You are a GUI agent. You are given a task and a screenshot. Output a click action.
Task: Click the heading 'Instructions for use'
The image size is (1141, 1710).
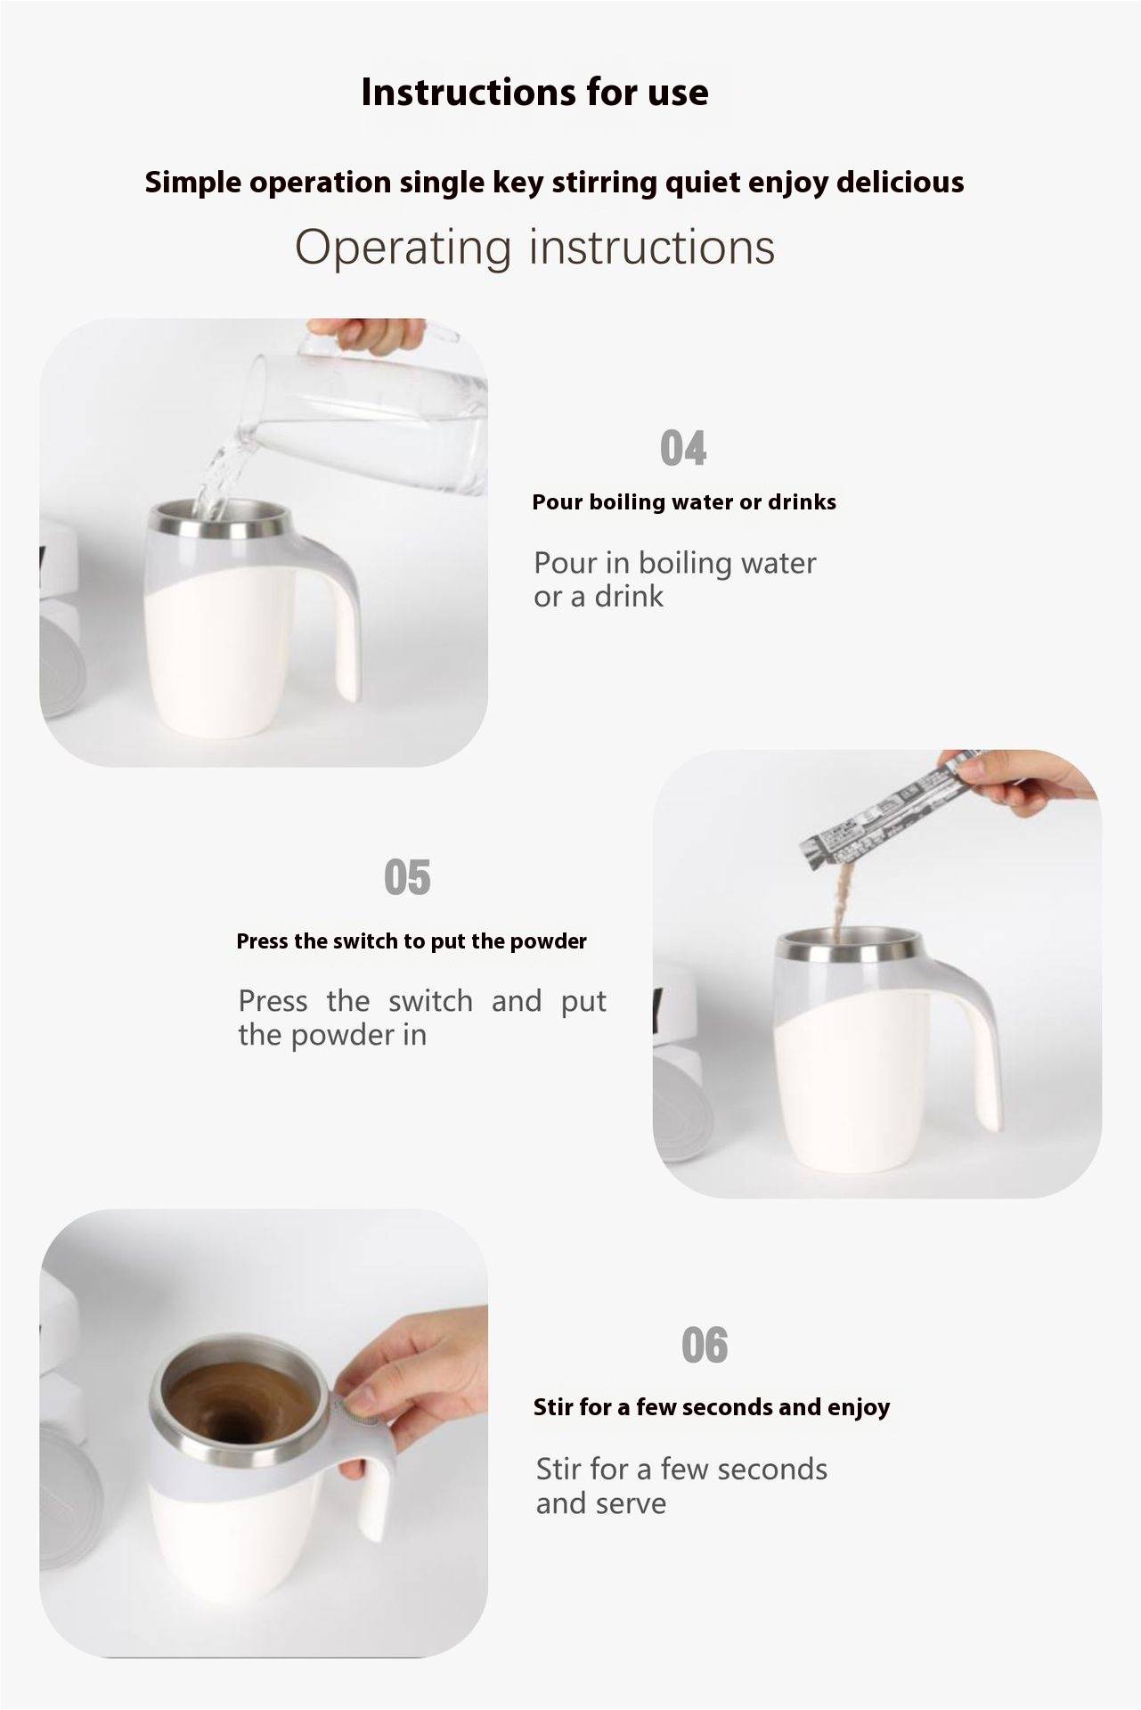click(x=534, y=93)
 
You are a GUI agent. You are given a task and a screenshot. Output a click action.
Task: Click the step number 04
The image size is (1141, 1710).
click(x=683, y=448)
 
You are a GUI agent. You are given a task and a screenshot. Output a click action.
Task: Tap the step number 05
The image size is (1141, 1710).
click(x=407, y=877)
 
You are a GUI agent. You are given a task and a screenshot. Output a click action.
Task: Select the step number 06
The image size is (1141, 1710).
click(x=705, y=1345)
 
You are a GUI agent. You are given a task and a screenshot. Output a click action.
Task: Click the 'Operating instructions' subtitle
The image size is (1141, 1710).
click(x=534, y=248)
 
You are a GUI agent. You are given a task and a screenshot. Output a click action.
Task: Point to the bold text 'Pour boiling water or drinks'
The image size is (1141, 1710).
click(x=684, y=502)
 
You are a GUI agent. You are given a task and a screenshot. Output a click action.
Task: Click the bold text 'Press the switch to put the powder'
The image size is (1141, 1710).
click(x=412, y=941)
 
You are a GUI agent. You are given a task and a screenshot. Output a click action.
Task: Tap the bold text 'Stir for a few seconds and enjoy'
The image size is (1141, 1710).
click(x=712, y=1407)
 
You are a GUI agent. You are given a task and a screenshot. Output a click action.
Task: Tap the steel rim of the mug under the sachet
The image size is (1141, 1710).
click(x=847, y=952)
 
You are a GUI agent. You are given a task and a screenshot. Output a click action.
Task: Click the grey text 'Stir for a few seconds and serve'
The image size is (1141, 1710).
click(x=681, y=1486)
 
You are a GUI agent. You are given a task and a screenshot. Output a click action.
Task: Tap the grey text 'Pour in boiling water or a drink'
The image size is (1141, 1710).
click(x=674, y=580)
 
